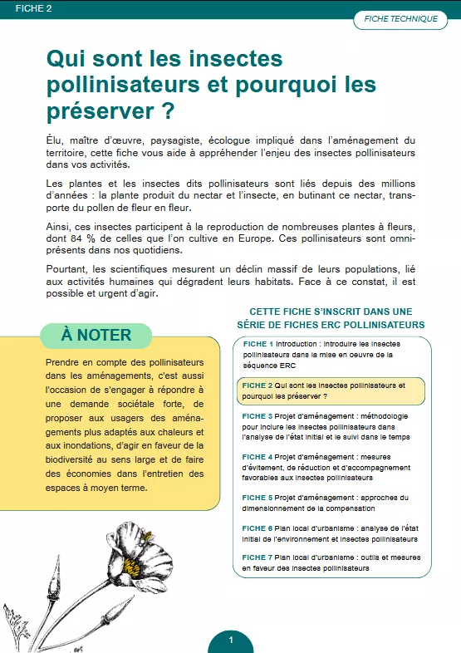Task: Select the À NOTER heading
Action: click(96, 335)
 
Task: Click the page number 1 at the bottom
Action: click(230, 640)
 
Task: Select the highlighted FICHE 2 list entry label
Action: click(257, 385)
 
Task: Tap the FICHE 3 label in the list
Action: click(257, 415)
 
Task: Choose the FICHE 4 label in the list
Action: click(257, 457)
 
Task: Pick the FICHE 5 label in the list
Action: click(257, 498)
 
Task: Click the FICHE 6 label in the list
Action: click(257, 528)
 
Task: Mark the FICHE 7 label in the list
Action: click(257, 557)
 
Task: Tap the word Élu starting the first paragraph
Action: click(55, 141)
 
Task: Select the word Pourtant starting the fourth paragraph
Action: click(68, 270)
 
